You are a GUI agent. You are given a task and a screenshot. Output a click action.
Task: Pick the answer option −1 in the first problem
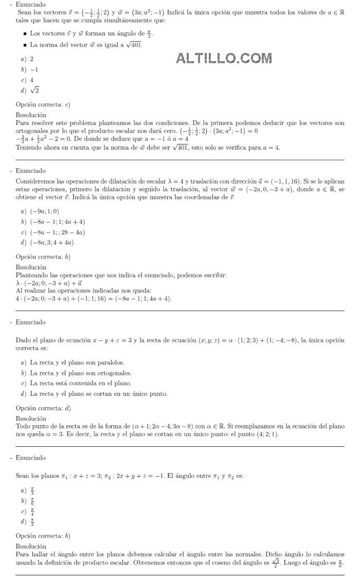[x=34, y=69]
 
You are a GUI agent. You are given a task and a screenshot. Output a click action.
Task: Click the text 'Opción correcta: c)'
[x=43, y=105]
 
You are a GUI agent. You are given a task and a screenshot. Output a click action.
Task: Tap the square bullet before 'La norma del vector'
[x=25, y=45]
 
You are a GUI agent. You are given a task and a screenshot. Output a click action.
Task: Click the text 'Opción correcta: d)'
[x=43, y=408]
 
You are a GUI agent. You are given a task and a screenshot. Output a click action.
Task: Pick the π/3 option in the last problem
[x=32, y=491]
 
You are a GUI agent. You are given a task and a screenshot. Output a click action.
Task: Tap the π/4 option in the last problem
[x=32, y=512]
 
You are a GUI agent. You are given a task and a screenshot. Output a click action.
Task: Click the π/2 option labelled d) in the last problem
[x=32, y=522]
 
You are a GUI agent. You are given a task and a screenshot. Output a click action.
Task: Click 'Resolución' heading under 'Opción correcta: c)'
[x=31, y=115]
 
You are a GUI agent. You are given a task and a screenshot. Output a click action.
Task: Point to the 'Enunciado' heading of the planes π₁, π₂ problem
[x=30, y=458]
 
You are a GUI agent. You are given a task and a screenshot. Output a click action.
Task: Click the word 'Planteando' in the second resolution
[x=32, y=276]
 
